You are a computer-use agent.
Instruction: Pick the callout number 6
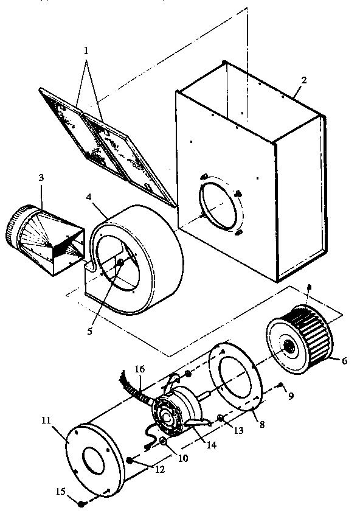[344, 360]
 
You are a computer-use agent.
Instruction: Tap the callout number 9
[291, 395]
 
